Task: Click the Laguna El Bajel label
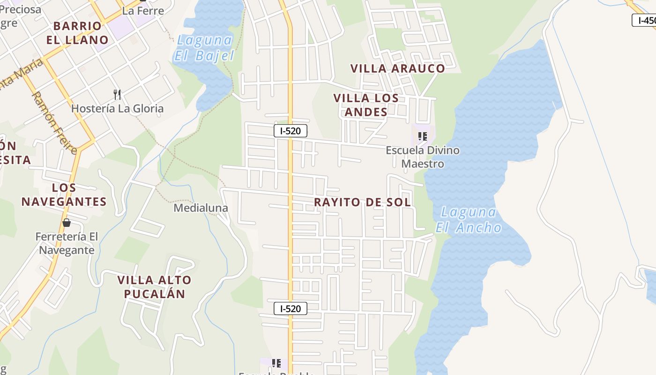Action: pos(204,48)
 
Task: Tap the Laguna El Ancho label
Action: pos(468,220)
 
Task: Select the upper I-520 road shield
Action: pos(291,131)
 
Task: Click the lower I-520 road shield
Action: pos(291,308)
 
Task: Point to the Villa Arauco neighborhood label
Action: pos(398,68)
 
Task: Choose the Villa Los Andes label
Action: pos(366,105)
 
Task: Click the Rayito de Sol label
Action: pos(362,202)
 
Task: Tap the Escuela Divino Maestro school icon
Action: pos(422,136)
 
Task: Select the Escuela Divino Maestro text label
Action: pos(423,157)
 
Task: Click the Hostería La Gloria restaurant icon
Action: pos(117,95)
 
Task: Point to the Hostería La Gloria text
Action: pos(118,109)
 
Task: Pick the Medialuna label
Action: pos(201,208)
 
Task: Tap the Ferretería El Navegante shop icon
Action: pos(67,223)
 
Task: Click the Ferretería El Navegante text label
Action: pos(67,243)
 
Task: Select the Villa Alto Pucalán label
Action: pos(154,287)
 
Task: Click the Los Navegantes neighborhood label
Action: pos(64,195)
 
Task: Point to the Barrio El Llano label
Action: pos(77,33)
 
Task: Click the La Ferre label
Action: pos(143,11)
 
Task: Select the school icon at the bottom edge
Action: pos(276,363)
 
